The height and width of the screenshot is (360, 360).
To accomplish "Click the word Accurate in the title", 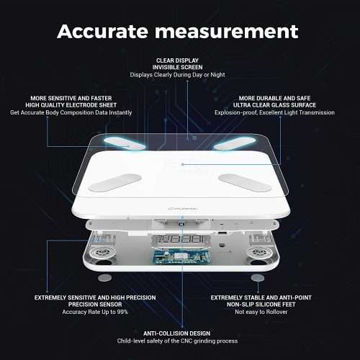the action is (x=102, y=31).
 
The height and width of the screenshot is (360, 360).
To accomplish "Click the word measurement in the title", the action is (x=227, y=32).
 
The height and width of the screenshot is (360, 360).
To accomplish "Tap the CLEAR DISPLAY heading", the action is (x=177, y=60).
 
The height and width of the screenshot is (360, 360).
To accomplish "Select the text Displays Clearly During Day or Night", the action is (x=177, y=75).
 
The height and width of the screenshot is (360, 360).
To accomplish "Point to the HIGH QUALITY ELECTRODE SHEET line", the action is (x=71, y=105).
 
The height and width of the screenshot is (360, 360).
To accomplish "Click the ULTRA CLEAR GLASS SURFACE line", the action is (x=274, y=105).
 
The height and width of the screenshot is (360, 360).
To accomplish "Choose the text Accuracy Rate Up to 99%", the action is (x=95, y=312).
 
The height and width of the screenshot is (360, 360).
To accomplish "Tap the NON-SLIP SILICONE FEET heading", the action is (x=261, y=305).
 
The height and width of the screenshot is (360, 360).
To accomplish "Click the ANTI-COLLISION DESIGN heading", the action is (x=177, y=333).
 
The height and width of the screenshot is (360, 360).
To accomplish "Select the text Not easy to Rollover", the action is (x=261, y=312).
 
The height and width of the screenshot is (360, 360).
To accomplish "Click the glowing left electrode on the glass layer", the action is (x=124, y=143).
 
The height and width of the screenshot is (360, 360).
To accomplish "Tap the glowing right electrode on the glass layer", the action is (x=235, y=143).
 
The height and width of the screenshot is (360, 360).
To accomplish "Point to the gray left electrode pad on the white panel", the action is (x=114, y=182).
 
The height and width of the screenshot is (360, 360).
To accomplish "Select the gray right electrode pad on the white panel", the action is (x=245, y=182).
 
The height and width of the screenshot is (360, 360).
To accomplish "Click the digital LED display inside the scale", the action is (x=181, y=239).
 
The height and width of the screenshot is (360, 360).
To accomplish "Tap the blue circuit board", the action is (x=181, y=256).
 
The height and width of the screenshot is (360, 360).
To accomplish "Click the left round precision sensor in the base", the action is (x=102, y=252).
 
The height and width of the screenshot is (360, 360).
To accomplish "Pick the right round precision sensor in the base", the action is (x=260, y=252).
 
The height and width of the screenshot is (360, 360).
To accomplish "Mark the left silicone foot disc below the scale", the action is (x=105, y=278).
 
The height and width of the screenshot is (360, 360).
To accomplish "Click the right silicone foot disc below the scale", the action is (x=258, y=278).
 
